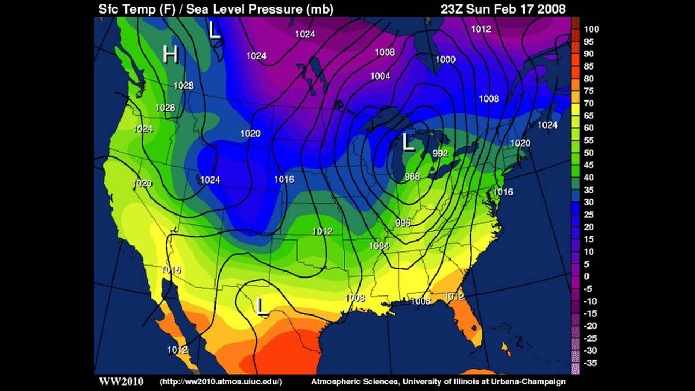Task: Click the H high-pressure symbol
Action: click(x=170, y=55)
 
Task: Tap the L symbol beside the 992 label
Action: click(x=408, y=143)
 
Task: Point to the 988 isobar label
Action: click(x=412, y=176)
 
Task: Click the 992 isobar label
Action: click(x=440, y=154)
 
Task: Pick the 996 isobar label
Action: click(x=403, y=223)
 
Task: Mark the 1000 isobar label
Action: click(x=445, y=60)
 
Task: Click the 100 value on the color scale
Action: click(x=592, y=29)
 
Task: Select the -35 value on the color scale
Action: click(x=591, y=363)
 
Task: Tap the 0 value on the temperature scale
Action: click(x=586, y=276)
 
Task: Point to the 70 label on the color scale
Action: click(x=589, y=103)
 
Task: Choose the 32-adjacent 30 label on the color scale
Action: click(x=589, y=202)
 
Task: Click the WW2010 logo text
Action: click(x=121, y=382)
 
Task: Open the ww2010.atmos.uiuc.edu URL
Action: click(x=220, y=382)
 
